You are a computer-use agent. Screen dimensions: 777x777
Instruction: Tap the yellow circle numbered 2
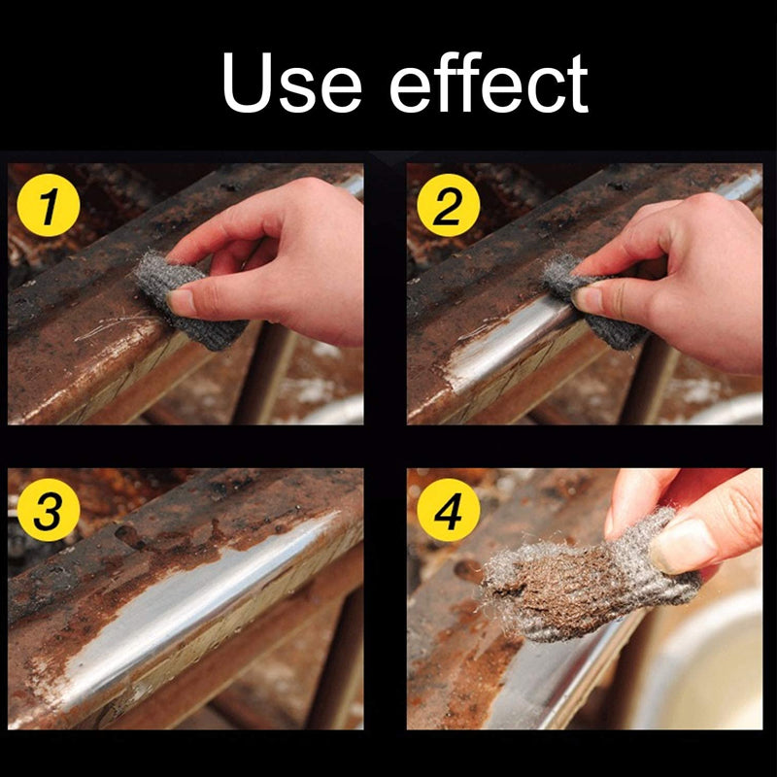[x=448, y=208]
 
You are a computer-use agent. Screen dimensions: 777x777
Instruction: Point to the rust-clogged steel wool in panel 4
[x=573, y=583]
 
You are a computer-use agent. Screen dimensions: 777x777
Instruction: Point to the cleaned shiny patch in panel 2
[x=505, y=350]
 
